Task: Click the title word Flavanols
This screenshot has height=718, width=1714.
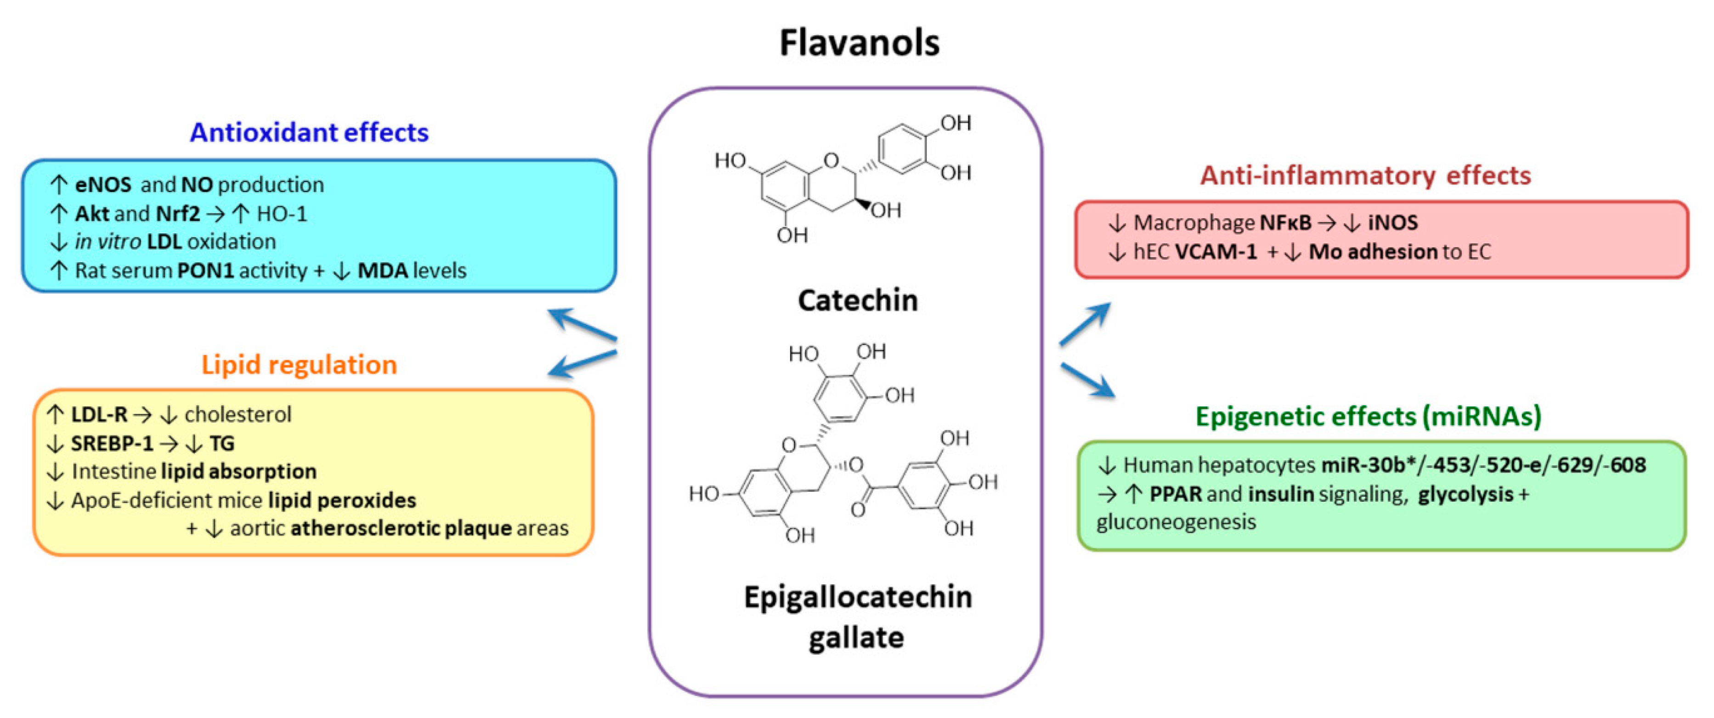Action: point(858,43)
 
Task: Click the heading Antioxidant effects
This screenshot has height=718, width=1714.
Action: point(309,132)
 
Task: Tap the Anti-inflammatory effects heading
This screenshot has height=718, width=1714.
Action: point(1365,175)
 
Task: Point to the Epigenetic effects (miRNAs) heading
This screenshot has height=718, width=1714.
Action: point(1368,417)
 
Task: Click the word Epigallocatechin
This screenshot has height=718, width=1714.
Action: point(857,597)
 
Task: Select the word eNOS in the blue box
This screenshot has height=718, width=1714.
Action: point(102,184)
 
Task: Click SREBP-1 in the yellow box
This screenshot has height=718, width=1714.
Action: point(112,443)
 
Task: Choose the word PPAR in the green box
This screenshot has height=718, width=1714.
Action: point(1175,494)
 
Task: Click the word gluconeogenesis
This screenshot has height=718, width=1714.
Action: point(1176,522)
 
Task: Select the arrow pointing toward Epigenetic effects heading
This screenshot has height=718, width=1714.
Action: point(1087,379)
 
